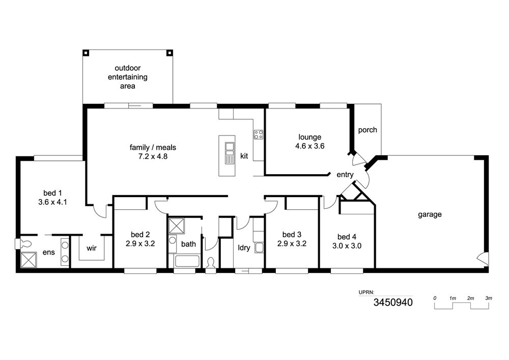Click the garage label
pyautogui.click(x=430, y=214)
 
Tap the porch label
pyautogui.click(x=367, y=130)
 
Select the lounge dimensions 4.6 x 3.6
pyautogui.click(x=309, y=146)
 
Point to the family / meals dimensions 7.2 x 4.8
pyautogui.click(x=153, y=156)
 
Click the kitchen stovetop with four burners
pyautogui.click(x=259, y=134)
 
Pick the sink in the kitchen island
pyautogui.click(x=230, y=153)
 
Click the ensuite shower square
pyautogui.click(x=29, y=260)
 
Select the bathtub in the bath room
pyautogui.click(x=187, y=261)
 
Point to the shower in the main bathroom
pyautogui.click(x=177, y=226)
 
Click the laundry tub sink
pyautogui.click(x=259, y=247)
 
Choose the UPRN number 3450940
pyautogui.click(x=393, y=302)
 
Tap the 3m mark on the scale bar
pyautogui.click(x=489, y=298)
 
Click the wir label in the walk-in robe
pyautogui.click(x=92, y=248)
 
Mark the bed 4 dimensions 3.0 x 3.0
pyautogui.click(x=347, y=246)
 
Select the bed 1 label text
pyautogui.click(x=52, y=193)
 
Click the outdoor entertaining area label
pyautogui.click(x=128, y=77)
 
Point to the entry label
pyautogui.click(x=345, y=175)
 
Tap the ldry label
pyautogui.click(x=244, y=247)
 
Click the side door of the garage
pyautogui.click(x=483, y=259)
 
